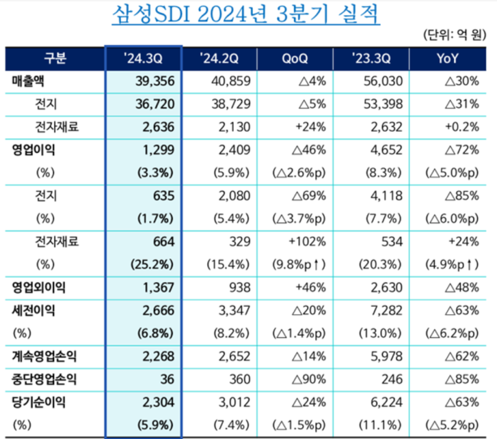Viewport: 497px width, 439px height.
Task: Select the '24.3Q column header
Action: pos(144,59)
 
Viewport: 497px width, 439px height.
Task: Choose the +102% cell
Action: pos(306,242)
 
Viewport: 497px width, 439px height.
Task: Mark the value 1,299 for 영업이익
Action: pos(158,150)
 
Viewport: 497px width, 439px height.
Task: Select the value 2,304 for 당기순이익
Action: pos(157,402)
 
